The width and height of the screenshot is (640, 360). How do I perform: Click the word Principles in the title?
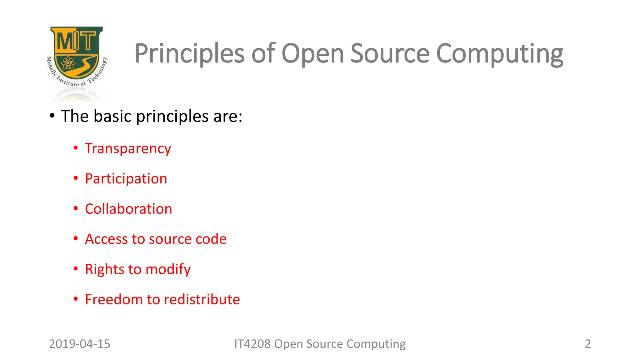coord(189,54)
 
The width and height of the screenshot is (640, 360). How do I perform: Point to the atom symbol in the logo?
coord(68,63)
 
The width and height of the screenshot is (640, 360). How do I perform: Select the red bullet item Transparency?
coord(128,148)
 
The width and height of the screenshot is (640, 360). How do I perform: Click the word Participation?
coord(126,179)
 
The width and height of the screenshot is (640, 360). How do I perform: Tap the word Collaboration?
coord(128,209)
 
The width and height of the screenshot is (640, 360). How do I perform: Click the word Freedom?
coord(114,299)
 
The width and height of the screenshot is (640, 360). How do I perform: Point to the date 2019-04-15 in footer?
coord(80,344)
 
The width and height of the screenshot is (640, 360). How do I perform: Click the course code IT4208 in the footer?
coord(252,344)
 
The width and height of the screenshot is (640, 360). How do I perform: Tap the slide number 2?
coord(587,344)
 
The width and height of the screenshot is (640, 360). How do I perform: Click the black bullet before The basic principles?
coord(52,116)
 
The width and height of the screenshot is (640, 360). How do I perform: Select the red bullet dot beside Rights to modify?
coord(76,268)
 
